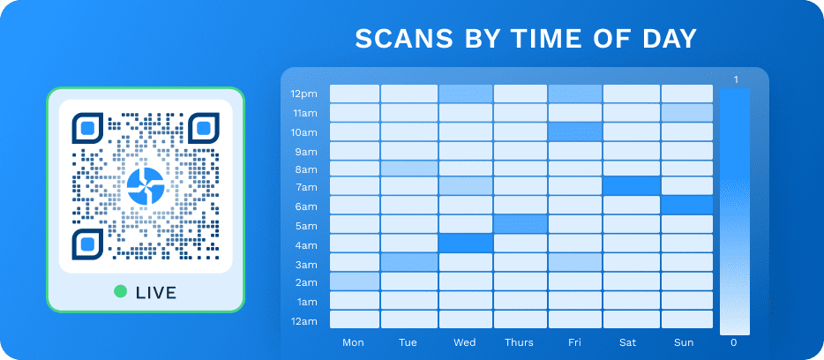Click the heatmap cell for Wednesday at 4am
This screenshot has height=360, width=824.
[x=465, y=243]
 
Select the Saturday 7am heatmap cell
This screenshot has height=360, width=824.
[x=631, y=185]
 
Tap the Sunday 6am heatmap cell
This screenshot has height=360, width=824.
[x=687, y=205]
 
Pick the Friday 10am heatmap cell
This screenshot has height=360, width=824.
[x=575, y=131]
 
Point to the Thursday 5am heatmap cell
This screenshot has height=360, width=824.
[x=521, y=224]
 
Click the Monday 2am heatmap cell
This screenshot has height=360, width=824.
[x=355, y=281]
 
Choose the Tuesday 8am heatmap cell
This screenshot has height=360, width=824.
[x=409, y=169]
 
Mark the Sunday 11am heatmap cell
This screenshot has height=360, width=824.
[x=687, y=112]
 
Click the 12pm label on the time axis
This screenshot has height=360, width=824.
[x=303, y=94]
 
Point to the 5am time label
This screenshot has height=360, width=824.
[x=306, y=226]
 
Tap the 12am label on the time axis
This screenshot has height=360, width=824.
[x=303, y=320]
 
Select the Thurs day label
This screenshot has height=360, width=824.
[x=520, y=342]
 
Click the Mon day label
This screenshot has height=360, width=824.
[x=353, y=342]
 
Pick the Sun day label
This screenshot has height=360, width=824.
[x=685, y=342]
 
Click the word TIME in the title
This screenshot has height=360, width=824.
[x=545, y=38]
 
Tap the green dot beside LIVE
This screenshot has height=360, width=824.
[x=121, y=291]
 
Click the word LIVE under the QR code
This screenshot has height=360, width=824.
[x=156, y=292]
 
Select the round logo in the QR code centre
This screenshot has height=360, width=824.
[x=146, y=186]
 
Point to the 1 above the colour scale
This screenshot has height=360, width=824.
[x=736, y=80]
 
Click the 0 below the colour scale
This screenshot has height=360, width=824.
[x=734, y=342]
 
